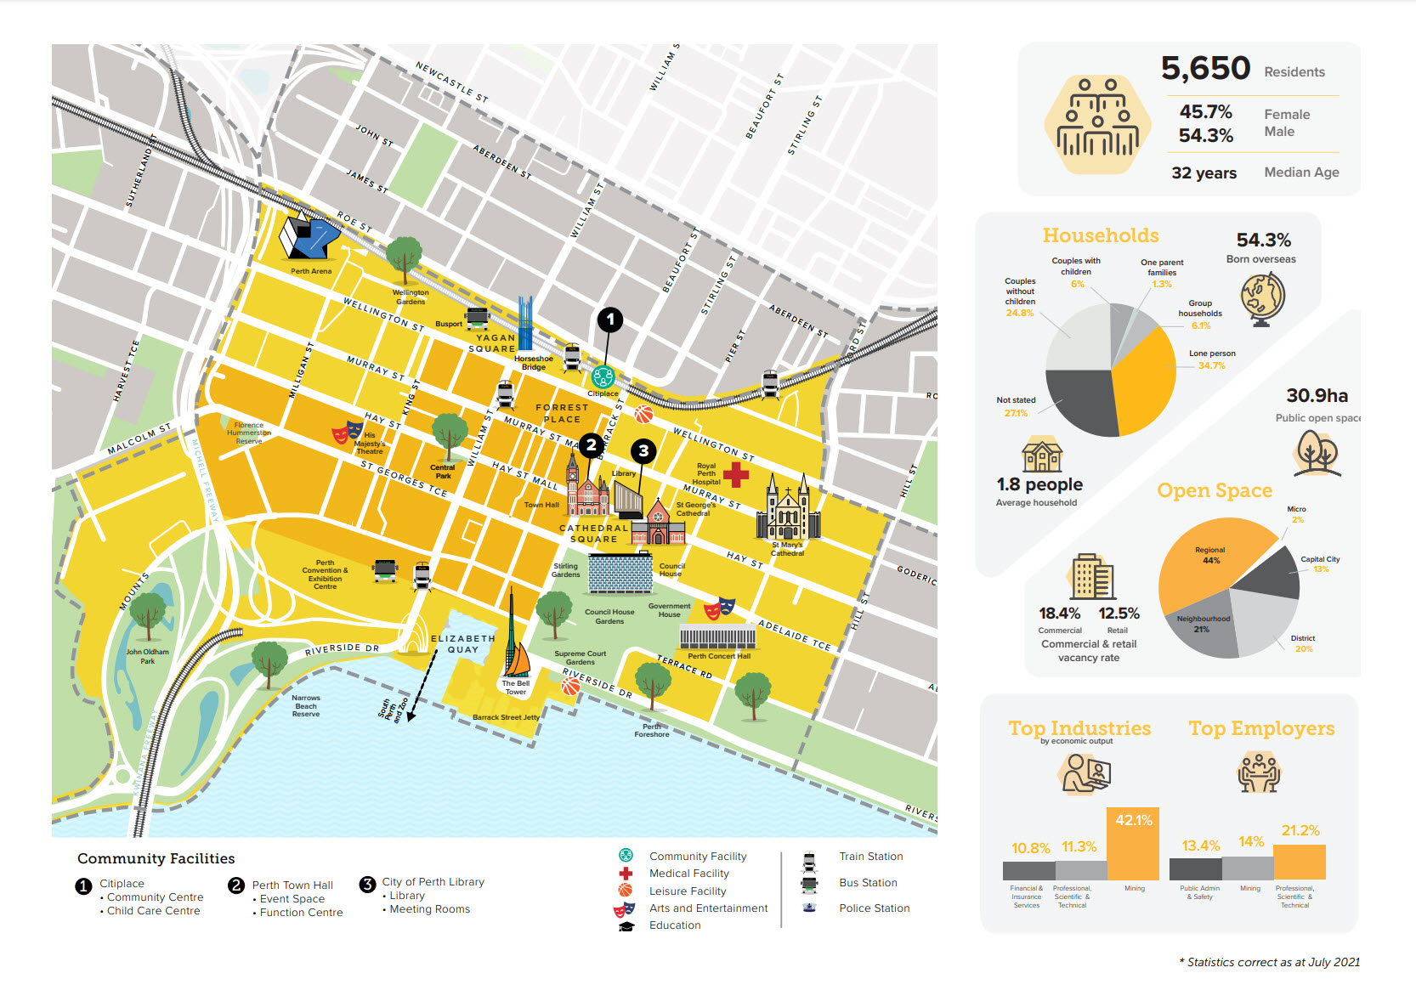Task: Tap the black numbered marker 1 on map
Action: [609, 320]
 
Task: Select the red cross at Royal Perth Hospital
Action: [736, 475]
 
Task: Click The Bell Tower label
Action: [515, 687]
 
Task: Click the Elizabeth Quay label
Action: [462, 643]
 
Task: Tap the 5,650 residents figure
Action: [1205, 69]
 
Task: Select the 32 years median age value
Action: [1204, 173]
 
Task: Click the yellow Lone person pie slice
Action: [1144, 382]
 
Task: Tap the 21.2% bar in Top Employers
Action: [1300, 862]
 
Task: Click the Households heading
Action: [1100, 235]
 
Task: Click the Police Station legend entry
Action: [874, 908]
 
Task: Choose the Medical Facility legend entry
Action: [688, 874]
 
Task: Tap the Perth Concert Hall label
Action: [718, 656]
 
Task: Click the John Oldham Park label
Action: [147, 656]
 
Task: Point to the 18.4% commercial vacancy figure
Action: [1059, 614]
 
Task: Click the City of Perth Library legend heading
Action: [433, 882]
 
